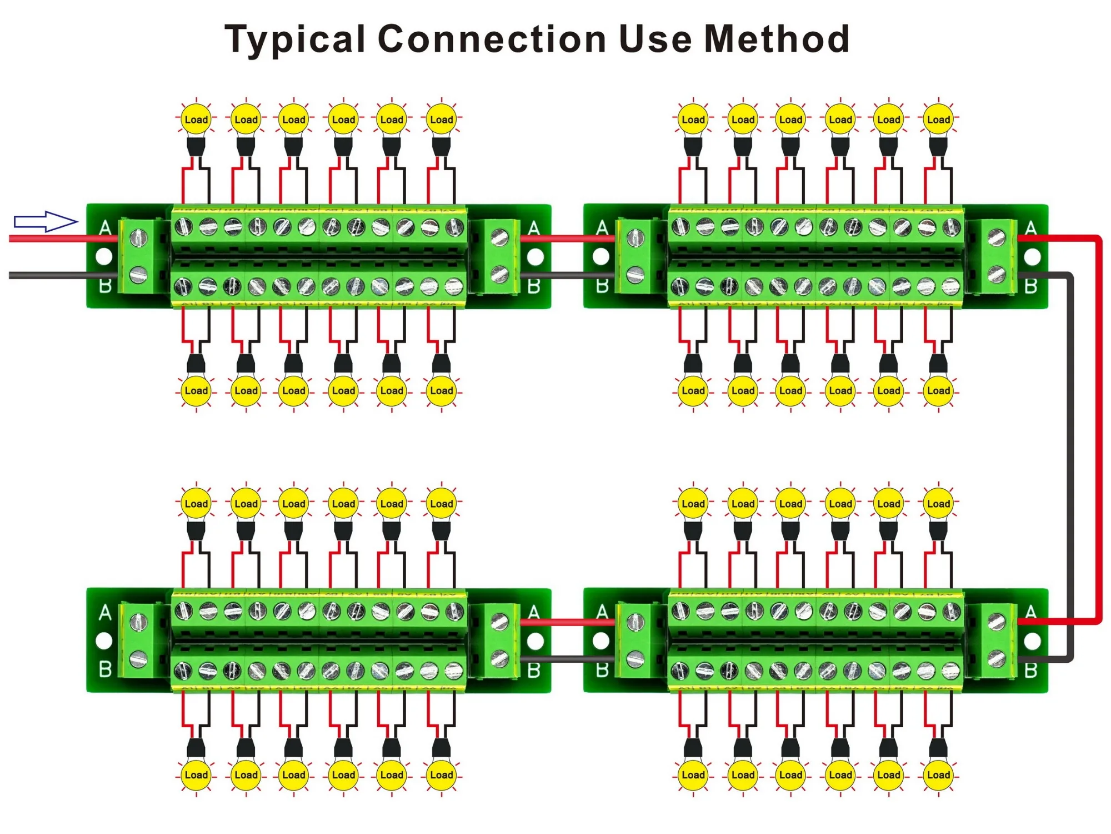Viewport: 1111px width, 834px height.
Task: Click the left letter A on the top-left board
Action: [x=105, y=228]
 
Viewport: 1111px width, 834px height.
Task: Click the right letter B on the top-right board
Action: [x=1030, y=286]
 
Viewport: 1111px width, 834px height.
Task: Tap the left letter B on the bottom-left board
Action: [x=105, y=669]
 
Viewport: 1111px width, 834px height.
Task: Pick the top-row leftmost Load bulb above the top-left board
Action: [x=196, y=119]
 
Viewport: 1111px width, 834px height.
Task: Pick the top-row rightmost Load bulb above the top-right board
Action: [x=938, y=119]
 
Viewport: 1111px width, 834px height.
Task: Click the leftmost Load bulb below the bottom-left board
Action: [x=196, y=775]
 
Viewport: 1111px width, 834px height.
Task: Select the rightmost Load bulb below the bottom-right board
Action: [x=938, y=775]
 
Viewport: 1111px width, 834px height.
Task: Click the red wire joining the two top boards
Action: [x=567, y=239]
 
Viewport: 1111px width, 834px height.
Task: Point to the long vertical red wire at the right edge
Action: [x=1098, y=428]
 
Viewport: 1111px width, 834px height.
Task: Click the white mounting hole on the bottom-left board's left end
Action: [x=104, y=641]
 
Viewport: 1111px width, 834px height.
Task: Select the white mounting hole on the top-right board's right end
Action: [x=1032, y=257]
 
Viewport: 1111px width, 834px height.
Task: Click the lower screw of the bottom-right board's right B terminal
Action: [x=997, y=658]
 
